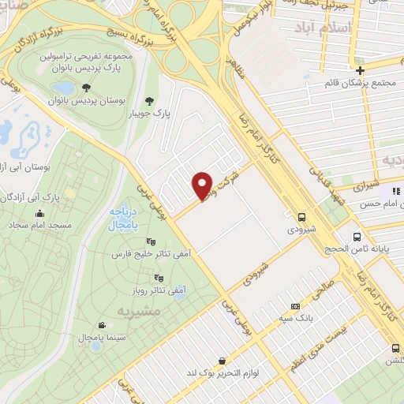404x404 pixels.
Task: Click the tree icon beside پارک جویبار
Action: click(x=149, y=100)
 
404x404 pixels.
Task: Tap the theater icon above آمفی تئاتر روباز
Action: click(x=159, y=277)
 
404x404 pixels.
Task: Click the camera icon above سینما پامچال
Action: click(x=102, y=325)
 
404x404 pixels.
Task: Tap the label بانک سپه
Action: click(x=295, y=320)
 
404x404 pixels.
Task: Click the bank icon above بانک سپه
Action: click(x=296, y=306)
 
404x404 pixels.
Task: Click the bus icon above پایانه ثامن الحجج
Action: click(x=357, y=236)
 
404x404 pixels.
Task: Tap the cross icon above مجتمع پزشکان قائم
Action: click(x=359, y=69)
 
